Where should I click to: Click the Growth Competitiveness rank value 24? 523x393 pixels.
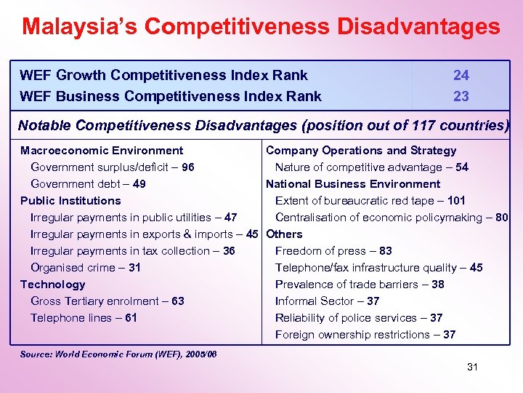tap(461, 75)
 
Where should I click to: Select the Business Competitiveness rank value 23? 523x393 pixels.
tap(461, 96)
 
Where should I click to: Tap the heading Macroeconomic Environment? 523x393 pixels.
tap(102, 151)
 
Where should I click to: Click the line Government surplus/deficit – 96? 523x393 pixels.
tap(112, 167)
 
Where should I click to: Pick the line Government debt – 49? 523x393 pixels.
tap(88, 184)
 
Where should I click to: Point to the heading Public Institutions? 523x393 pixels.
tap(70, 201)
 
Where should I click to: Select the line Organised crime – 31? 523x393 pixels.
tap(86, 268)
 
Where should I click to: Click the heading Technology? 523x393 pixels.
tap(52, 285)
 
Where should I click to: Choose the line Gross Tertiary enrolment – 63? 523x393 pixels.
tap(108, 301)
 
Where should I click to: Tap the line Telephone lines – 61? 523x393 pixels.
tap(84, 318)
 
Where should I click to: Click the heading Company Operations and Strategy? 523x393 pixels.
tap(361, 151)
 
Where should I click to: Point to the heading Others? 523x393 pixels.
tap(284, 234)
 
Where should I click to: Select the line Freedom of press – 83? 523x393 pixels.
tap(333, 251)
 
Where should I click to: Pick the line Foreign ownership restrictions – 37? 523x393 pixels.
tap(365, 335)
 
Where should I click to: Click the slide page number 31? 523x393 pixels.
tap(472, 367)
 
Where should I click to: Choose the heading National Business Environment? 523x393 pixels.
tap(353, 184)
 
